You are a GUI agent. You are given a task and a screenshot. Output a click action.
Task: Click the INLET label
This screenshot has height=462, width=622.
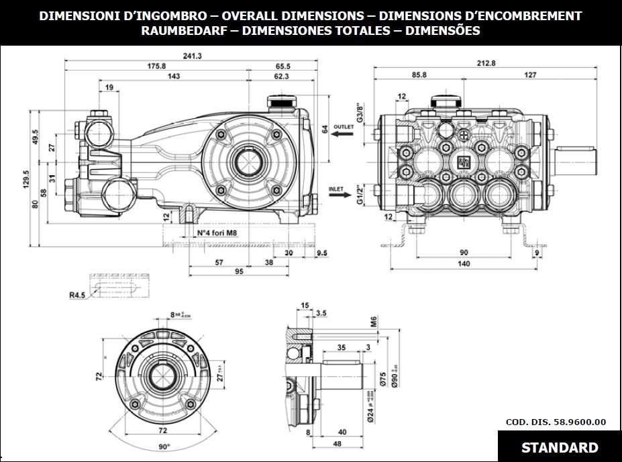(x=337, y=189)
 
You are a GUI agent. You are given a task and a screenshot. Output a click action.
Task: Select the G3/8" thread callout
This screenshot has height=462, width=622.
(x=360, y=111)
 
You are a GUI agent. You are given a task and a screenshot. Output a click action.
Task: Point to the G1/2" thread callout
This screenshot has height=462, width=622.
(x=360, y=193)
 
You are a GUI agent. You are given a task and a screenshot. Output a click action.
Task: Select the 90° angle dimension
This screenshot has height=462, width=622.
(x=164, y=446)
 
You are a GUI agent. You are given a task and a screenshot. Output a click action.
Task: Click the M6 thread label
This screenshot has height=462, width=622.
(x=373, y=324)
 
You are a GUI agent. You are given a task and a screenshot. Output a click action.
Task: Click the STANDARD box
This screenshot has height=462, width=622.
(x=559, y=447)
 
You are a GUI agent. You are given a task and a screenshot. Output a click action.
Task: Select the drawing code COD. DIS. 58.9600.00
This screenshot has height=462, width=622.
(x=555, y=422)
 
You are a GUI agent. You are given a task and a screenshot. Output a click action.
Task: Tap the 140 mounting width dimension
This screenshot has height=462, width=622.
(x=464, y=264)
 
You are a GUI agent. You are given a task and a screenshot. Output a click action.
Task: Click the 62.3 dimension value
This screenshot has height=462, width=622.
(x=281, y=77)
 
